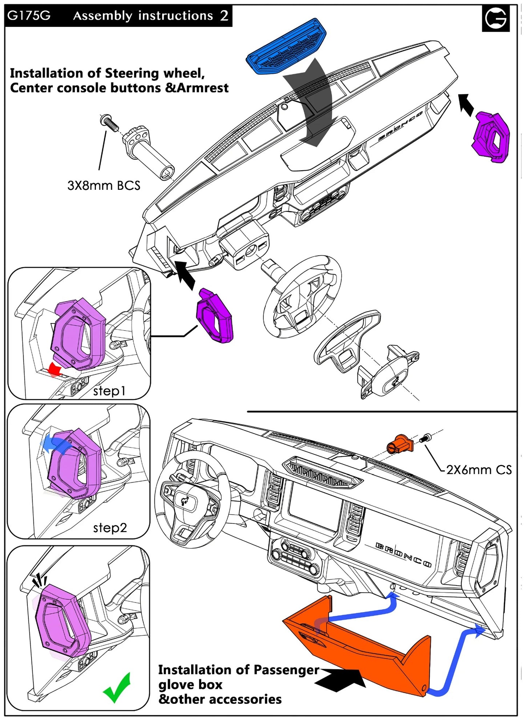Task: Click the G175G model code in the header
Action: (x=29, y=16)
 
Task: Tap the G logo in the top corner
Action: (x=496, y=18)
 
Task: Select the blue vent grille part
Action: (x=286, y=46)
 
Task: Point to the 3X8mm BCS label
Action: (x=104, y=186)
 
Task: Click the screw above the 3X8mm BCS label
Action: (x=109, y=123)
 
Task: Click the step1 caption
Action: (x=109, y=391)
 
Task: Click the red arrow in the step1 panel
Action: (x=55, y=369)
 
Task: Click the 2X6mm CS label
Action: (x=478, y=470)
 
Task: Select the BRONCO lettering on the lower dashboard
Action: (x=403, y=555)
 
